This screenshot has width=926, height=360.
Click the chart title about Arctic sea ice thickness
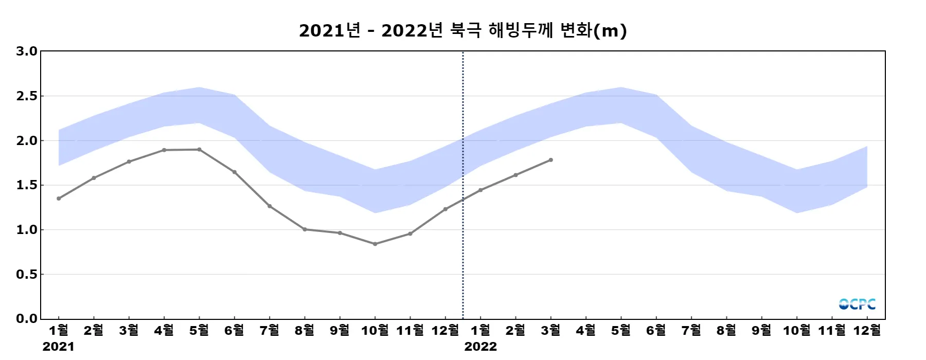(x=463, y=31)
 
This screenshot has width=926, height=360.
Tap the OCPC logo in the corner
(x=857, y=304)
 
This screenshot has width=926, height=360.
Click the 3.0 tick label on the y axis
(x=27, y=51)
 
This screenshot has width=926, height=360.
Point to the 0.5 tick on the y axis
(x=27, y=275)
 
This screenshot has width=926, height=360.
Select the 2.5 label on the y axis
(x=27, y=96)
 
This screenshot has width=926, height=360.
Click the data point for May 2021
(x=199, y=150)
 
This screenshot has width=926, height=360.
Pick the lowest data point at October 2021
(x=375, y=244)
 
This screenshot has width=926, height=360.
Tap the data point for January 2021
(x=59, y=199)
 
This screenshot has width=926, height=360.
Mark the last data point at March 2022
(x=551, y=160)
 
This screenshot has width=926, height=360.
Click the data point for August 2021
(x=305, y=229)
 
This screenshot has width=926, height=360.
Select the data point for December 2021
(x=446, y=209)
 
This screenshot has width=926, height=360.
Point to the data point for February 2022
(x=515, y=175)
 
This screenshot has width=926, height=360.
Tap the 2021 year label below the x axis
(x=58, y=347)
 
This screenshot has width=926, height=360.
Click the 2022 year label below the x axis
(x=480, y=347)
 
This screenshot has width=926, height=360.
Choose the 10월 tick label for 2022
(x=796, y=331)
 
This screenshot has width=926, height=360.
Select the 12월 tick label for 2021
(x=445, y=331)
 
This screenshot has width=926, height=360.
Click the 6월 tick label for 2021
(x=234, y=331)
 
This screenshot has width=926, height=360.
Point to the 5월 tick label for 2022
(x=621, y=331)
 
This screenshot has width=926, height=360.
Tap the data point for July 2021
(x=270, y=206)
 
